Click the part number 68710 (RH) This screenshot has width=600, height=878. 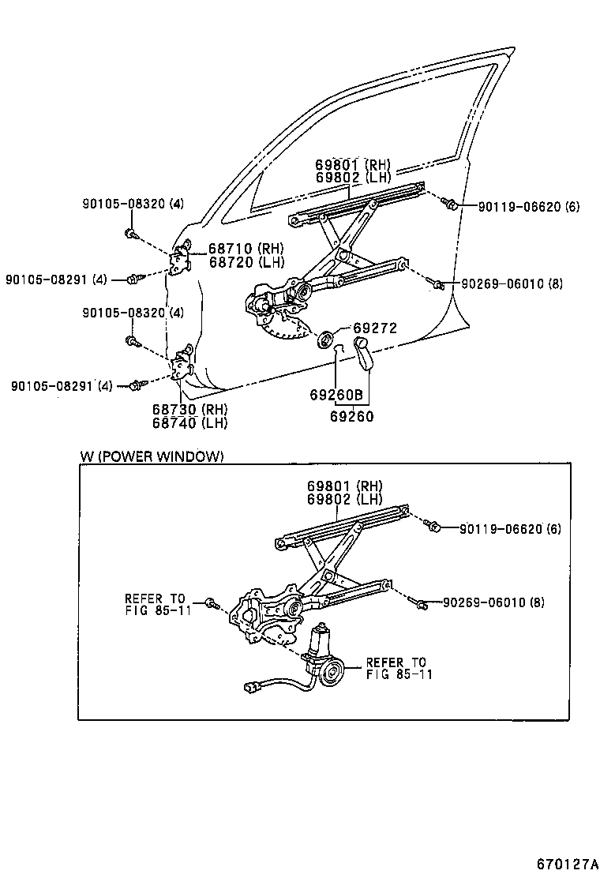coord(246,249)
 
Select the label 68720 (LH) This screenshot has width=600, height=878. coord(246,261)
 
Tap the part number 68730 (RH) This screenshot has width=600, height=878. coord(189,409)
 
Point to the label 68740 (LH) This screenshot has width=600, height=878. coord(189,422)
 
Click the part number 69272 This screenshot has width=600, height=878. coord(374,328)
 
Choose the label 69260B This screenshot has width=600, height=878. coord(336,395)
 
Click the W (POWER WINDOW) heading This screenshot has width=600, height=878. coord(152,456)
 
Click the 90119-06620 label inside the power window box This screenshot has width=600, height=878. coord(510,528)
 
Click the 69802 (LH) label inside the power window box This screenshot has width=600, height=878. coord(345,499)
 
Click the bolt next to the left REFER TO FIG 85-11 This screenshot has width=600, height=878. coord(211,603)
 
